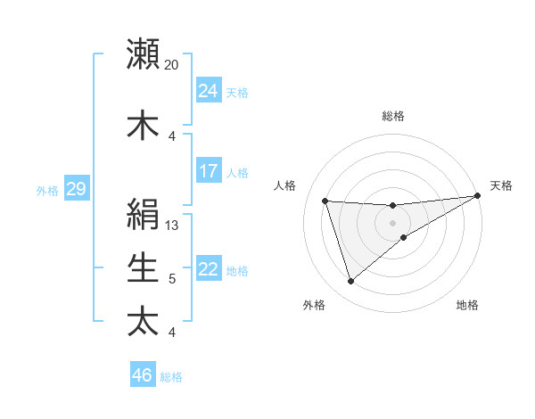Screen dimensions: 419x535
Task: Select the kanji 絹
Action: click(x=143, y=214)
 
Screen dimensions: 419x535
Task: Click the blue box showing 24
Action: click(x=209, y=91)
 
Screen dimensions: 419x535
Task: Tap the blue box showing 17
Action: click(x=209, y=171)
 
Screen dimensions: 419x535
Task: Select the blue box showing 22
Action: click(x=209, y=269)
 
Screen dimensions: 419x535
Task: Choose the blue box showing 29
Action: click(x=76, y=189)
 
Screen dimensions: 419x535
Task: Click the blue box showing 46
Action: click(x=143, y=375)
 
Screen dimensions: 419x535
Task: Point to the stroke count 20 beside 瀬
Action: click(x=171, y=65)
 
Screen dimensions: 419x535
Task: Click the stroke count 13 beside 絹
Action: click(x=172, y=226)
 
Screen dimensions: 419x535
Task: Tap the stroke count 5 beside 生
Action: click(x=172, y=279)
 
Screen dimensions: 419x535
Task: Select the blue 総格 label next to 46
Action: click(x=171, y=377)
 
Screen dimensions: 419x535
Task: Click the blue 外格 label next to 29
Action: click(x=46, y=190)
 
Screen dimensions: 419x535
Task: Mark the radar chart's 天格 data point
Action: click(x=478, y=196)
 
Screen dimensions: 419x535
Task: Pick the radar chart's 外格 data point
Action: click(x=350, y=282)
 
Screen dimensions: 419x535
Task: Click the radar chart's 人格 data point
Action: click(x=325, y=201)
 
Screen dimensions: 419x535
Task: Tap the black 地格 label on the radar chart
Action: click(x=467, y=306)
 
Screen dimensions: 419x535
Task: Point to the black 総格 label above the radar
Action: click(x=393, y=116)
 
